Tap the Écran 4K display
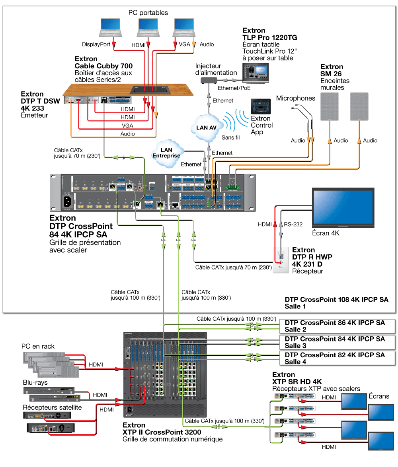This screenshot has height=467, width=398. coord(343,208)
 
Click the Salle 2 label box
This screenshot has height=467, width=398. coord(338,326)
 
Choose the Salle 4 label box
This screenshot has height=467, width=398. coord(338,358)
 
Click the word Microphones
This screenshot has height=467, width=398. coord(296,98)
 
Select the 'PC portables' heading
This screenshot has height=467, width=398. coord(148,13)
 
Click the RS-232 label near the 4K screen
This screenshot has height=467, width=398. coord(293,224)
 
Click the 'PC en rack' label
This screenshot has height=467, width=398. coord(38,347)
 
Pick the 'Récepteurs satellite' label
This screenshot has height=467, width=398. coord(52,407)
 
